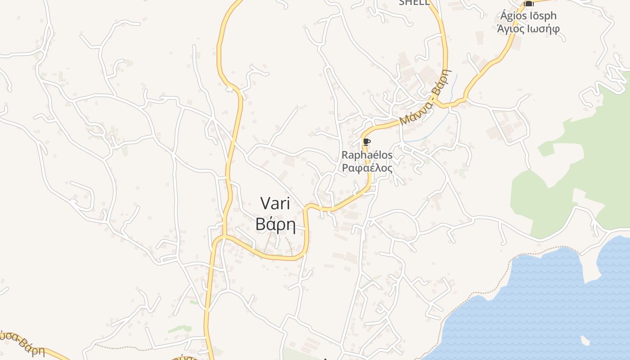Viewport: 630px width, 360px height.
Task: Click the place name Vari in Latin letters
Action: [x=275, y=203]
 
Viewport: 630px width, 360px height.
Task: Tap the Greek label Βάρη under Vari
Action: [x=275, y=224]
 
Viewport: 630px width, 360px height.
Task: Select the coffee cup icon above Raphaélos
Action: [x=367, y=143]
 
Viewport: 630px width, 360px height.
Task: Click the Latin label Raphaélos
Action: [x=367, y=155]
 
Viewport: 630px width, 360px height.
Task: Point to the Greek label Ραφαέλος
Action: [x=367, y=168]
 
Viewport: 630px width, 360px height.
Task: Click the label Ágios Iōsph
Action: [x=528, y=16]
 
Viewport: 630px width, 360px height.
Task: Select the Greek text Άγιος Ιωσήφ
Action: [x=528, y=29]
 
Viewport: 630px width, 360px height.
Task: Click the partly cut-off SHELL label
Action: [x=414, y=3]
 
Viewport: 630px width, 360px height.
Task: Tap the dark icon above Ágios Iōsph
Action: [x=529, y=4]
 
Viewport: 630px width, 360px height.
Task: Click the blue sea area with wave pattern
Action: [x=540, y=306]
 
